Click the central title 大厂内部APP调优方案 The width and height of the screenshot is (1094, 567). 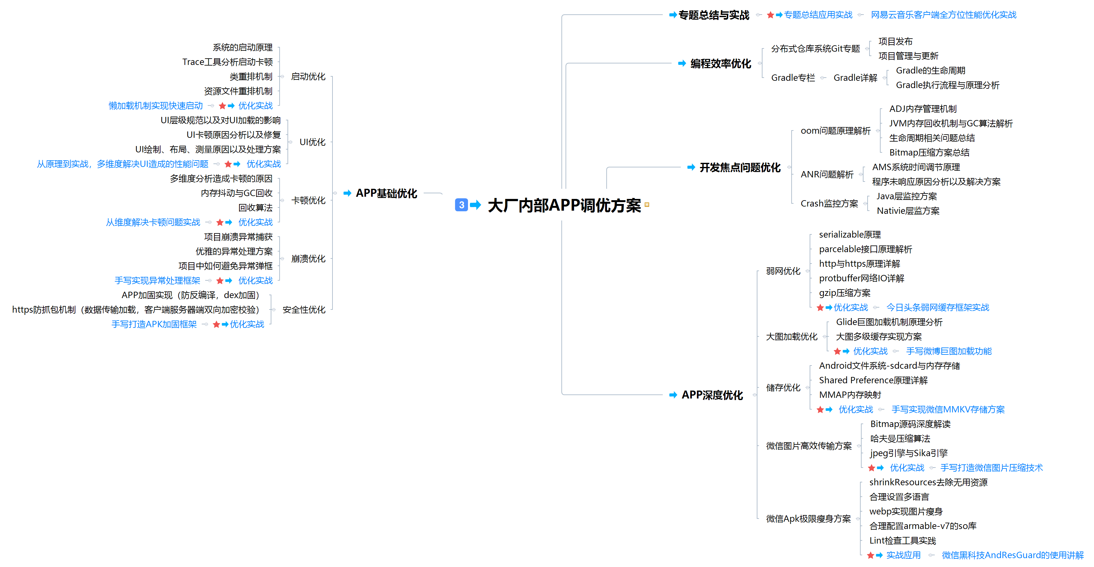(564, 205)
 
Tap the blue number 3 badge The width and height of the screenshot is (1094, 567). (461, 205)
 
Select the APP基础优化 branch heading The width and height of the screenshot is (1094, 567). (387, 193)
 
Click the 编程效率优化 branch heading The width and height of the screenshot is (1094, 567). (721, 64)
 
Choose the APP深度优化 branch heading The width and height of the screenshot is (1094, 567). (712, 395)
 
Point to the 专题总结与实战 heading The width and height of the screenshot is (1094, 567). (714, 15)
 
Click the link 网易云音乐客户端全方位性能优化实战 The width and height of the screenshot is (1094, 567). (944, 15)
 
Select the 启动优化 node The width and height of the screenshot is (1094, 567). (308, 76)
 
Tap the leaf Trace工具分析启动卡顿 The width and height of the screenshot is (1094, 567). (228, 62)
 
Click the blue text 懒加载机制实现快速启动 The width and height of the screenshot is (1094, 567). (155, 106)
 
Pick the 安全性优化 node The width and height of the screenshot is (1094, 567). (304, 309)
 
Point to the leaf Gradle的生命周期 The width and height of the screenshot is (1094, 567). (931, 71)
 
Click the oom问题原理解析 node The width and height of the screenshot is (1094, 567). (835, 131)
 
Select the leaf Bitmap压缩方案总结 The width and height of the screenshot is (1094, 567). (929, 152)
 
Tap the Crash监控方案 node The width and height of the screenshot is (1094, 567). (829, 203)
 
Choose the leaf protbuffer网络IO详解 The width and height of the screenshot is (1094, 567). (861, 278)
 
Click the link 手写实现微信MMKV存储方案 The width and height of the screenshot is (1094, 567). (948, 410)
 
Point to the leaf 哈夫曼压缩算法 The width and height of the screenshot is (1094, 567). (900, 438)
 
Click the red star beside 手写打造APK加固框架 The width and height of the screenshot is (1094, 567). (216, 324)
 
